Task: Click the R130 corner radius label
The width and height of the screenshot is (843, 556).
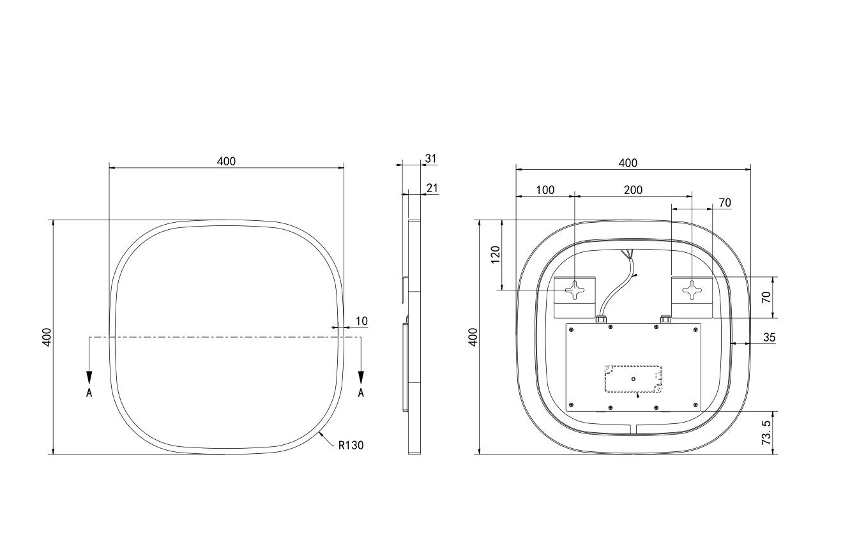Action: [x=351, y=446]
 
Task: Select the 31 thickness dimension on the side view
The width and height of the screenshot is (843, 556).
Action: [x=431, y=158]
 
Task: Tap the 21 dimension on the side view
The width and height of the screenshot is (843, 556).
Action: [x=432, y=188]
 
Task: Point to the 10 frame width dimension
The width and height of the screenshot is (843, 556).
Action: [x=361, y=321]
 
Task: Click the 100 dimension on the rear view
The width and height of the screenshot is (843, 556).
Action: [x=545, y=190]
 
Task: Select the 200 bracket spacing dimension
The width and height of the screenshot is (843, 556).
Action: [x=633, y=190]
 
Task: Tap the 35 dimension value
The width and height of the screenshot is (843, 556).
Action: [x=769, y=338]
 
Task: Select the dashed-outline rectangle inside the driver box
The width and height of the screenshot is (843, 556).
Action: [x=634, y=379]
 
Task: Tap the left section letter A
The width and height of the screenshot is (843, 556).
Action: [x=89, y=393]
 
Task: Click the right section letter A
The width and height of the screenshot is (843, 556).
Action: [x=361, y=393]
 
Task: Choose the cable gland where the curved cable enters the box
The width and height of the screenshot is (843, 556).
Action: [x=600, y=318]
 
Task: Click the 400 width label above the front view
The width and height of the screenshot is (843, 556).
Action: [x=226, y=162]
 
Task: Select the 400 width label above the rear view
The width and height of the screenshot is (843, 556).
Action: [x=628, y=163]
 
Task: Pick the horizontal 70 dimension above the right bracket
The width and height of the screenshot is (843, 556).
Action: [x=725, y=203]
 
